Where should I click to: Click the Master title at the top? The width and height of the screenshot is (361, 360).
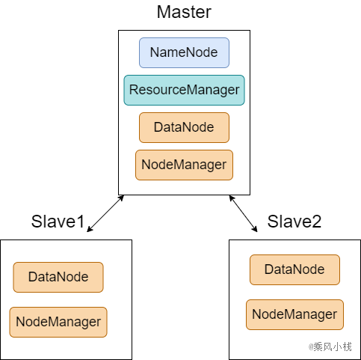point(184,12)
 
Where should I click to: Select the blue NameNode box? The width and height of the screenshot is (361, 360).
point(184,52)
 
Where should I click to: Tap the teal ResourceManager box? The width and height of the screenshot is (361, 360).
point(184,90)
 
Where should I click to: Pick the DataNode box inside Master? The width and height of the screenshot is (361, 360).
point(184,127)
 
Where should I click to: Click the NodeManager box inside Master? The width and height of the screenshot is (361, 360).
point(184,165)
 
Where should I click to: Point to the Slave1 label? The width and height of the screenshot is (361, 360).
point(58,222)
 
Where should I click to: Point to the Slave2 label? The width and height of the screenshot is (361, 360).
point(294,222)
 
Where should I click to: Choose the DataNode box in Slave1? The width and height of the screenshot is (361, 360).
point(58,277)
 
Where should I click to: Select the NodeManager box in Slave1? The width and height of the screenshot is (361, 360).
point(58,322)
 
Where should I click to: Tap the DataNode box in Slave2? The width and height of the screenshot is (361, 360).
point(294,269)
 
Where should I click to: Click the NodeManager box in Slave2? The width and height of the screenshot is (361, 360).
point(294,314)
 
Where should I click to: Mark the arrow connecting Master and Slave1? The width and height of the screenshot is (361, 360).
point(105,213)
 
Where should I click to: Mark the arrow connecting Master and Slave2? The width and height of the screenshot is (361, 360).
point(243,213)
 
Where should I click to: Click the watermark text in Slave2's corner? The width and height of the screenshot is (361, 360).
point(330,347)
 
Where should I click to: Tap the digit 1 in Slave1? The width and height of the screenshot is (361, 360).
point(81,222)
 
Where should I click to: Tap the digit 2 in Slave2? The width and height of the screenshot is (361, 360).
point(316,222)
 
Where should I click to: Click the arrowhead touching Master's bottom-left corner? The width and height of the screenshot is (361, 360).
point(121,198)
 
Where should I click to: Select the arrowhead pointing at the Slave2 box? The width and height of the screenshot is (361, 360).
point(255,229)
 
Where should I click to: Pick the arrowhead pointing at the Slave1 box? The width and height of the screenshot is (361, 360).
point(90,229)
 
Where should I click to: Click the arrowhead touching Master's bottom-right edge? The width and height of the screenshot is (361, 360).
point(232,198)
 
